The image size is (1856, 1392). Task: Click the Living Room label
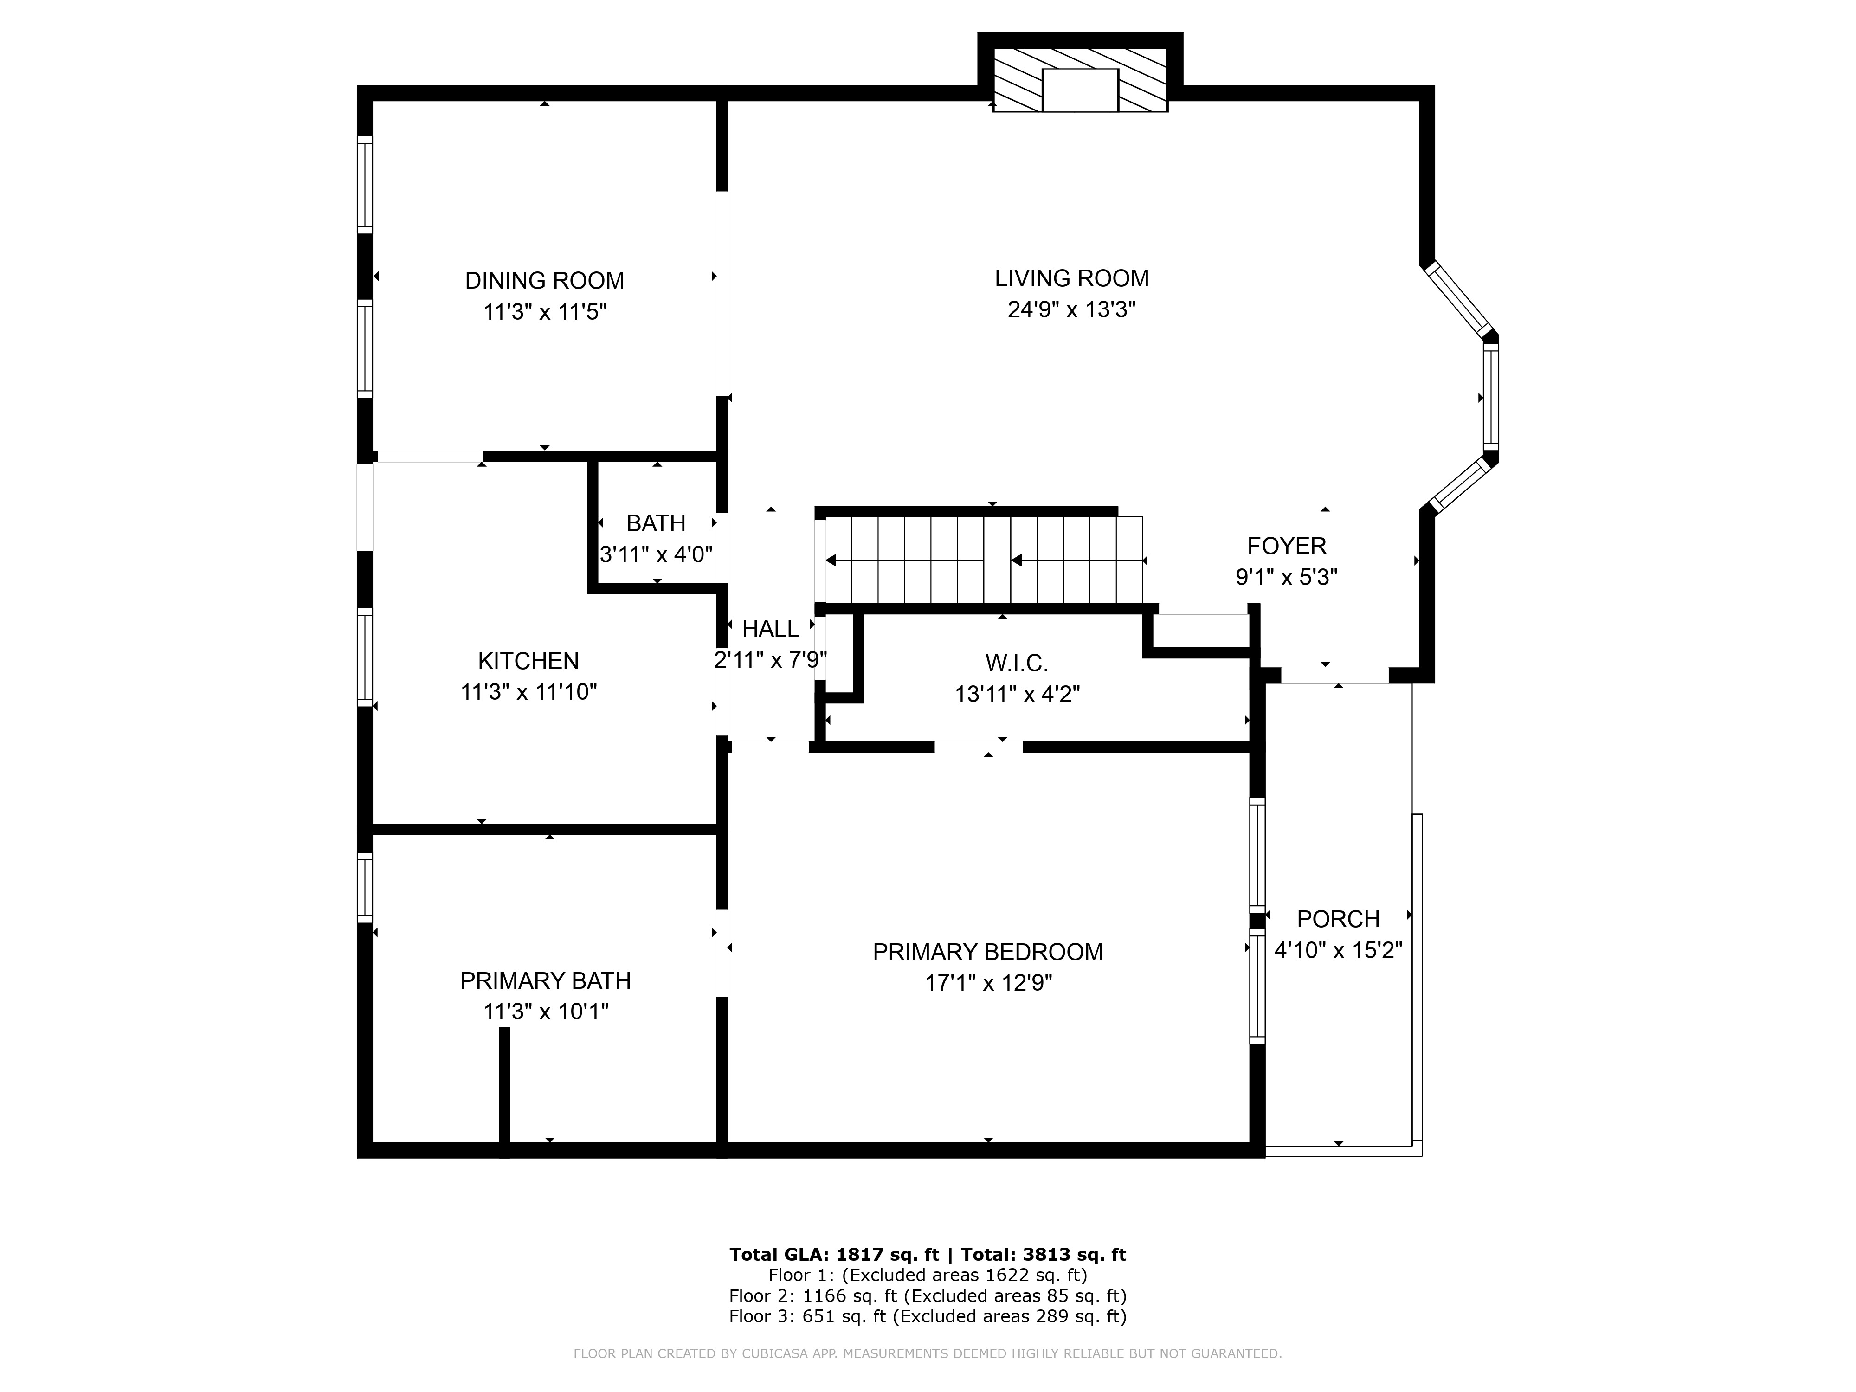pos(1071,278)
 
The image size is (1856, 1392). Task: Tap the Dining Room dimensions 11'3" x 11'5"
pos(545,312)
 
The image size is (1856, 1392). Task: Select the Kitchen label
pos(528,661)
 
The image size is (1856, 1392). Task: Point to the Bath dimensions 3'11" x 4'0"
pos(656,554)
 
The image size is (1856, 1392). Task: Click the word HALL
pos(770,628)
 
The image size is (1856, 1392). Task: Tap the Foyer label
pos(1286,546)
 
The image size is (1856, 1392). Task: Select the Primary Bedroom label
pos(987,952)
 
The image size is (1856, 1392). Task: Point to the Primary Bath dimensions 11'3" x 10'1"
pos(545,1012)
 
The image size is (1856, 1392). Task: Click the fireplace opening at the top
pos(1080,90)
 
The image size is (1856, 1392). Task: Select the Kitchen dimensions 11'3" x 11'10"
pos(528,692)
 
